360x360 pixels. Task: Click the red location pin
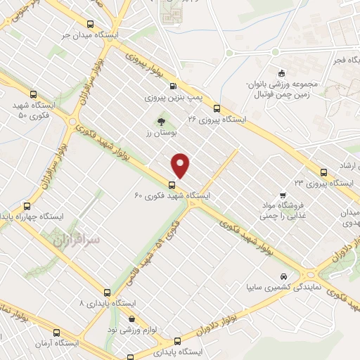[x=181, y=165]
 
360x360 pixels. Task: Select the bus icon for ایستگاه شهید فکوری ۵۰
[x=34, y=95]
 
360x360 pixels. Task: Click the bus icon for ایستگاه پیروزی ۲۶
[x=217, y=109]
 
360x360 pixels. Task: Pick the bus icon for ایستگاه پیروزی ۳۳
[x=323, y=172]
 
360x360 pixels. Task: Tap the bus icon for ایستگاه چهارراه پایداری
[x=27, y=206]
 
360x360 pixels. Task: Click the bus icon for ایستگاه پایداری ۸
[x=107, y=292]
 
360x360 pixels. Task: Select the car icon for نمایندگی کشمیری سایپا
[x=283, y=276]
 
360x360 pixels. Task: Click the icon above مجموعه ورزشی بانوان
[x=281, y=73]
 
